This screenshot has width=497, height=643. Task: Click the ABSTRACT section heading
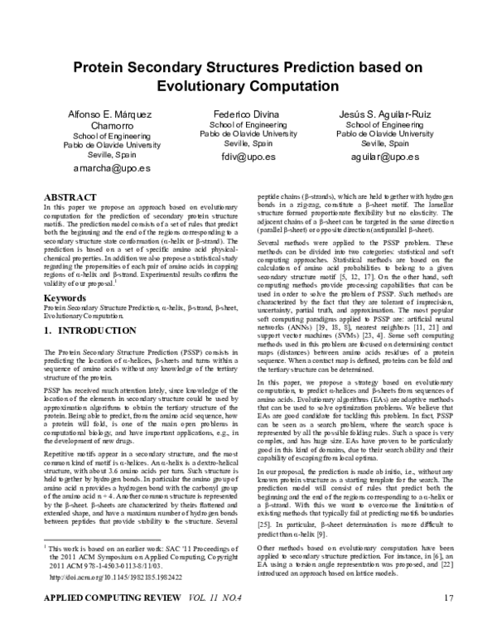[69, 196]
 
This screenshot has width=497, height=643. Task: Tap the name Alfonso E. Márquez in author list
[111, 113]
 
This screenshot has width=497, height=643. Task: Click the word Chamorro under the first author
[111, 125]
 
